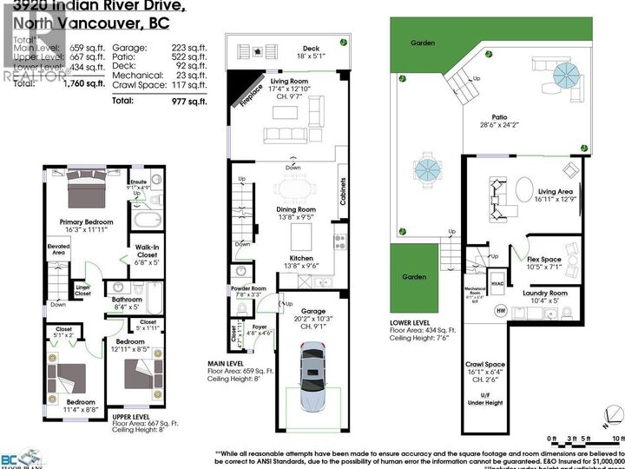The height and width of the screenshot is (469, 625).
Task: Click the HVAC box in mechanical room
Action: click(x=497, y=283)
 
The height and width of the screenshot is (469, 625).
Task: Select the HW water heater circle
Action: click(x=500, y=309)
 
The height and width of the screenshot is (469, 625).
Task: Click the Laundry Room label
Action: click(x=545, y=294)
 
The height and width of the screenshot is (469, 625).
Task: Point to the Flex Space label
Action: click(x=544, y=259)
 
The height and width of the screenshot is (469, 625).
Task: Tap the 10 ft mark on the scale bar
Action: click(x=617, y=439)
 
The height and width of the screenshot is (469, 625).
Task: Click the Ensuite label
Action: click(x=139, y=182)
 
